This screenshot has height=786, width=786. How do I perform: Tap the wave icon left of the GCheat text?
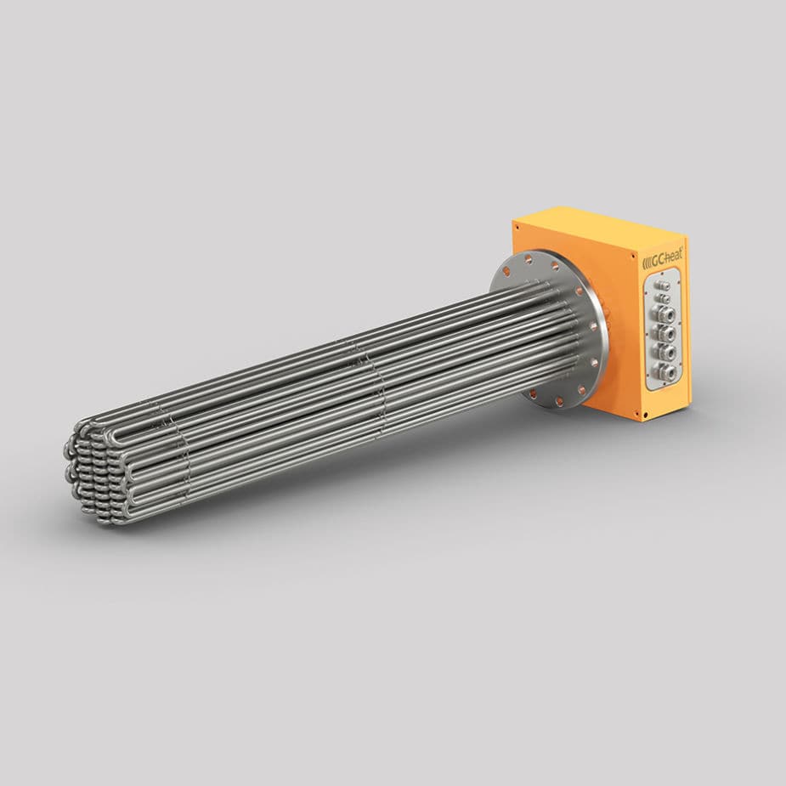tap(647, 259)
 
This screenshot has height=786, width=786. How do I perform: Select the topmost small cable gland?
tap(663, 286)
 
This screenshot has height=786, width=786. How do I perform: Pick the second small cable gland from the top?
tap(664, 298)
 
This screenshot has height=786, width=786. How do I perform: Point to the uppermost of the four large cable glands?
tap(665, 315)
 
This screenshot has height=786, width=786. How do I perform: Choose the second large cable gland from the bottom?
tap(666, 351)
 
